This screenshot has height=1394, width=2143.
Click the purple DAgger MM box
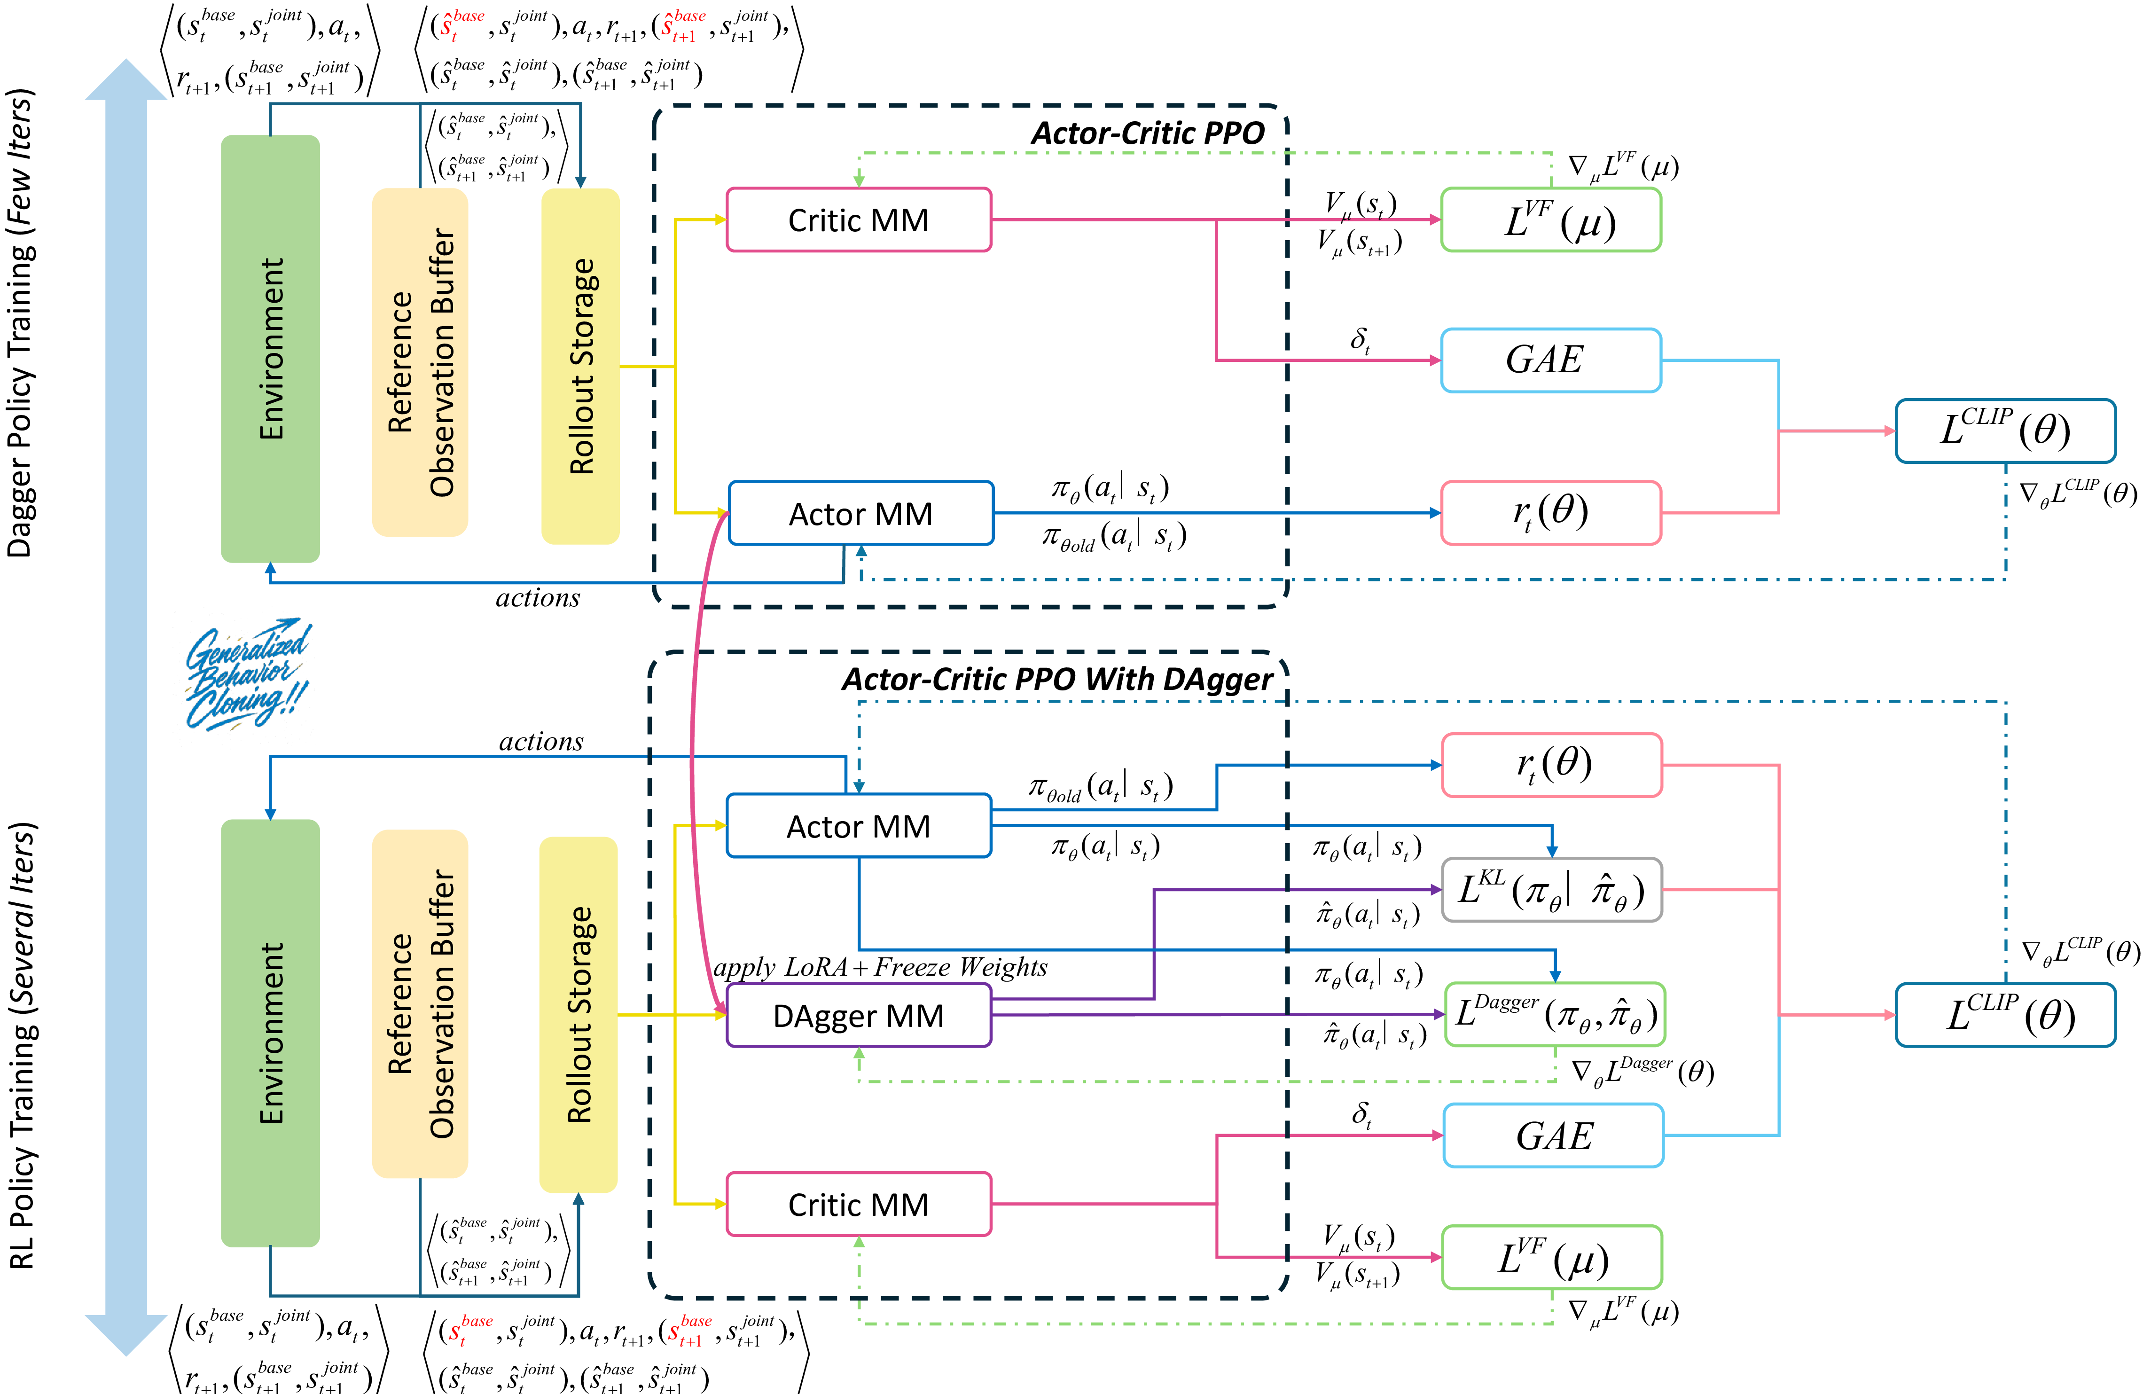(858, 1015)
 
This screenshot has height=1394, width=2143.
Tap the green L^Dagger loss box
(1554, 1014)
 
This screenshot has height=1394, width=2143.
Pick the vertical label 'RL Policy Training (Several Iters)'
(22, 1045)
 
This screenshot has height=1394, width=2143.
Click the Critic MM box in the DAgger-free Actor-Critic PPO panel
(858, 220)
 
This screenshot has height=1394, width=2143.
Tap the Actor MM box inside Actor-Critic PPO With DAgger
(858, 826)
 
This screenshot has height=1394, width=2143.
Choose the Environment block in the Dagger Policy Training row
(270, 349)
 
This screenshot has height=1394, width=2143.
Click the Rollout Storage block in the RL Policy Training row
(578, 1015)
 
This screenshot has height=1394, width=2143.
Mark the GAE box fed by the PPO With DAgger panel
(1553, 1136)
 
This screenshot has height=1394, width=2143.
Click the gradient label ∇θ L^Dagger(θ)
(1642, 1072)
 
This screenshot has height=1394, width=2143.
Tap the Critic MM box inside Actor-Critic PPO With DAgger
(858, 1204)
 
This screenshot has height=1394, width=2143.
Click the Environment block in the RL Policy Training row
(270, 1033)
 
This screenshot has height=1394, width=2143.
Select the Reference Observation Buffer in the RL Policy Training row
(420, 1003)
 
